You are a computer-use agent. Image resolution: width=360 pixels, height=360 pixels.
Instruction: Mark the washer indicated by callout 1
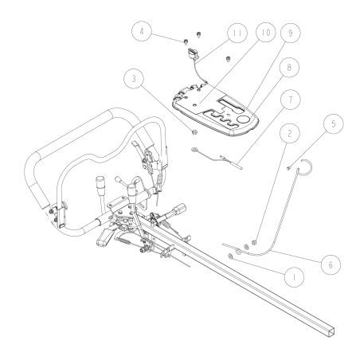231,256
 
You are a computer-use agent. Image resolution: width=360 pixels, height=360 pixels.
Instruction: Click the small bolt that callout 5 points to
283,167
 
